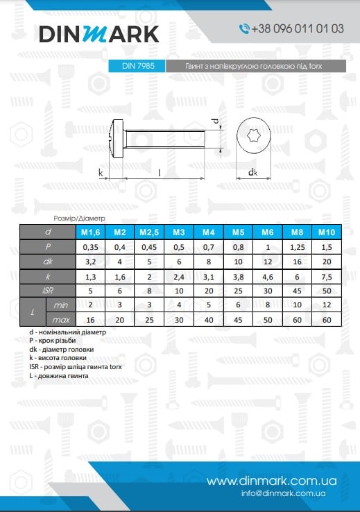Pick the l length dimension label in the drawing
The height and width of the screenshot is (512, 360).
pos(161,171)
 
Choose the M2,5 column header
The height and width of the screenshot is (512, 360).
pos(149,232)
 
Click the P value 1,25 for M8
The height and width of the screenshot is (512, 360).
pos(296,246)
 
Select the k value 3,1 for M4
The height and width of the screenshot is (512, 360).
pos(208,276)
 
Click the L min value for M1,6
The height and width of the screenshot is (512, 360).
pos(90,305)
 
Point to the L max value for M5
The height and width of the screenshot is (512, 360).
pos(237,320)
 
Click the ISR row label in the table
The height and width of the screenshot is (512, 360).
pos(47,291)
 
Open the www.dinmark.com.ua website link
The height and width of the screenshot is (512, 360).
pos(271,481)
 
